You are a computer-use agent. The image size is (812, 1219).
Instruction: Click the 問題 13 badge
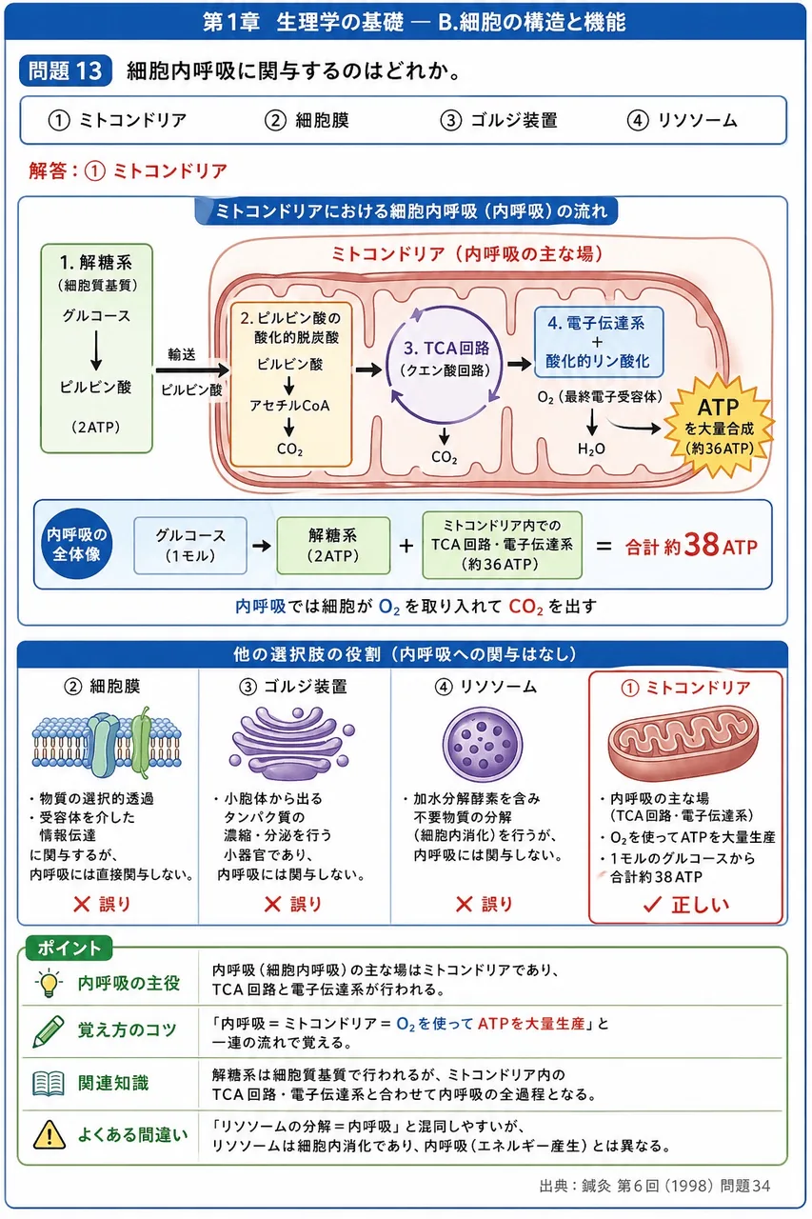coord(66,70)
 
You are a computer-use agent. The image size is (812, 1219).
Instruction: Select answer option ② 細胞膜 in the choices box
coord(307,120)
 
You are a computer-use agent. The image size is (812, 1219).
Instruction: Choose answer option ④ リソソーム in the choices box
coord(682,120)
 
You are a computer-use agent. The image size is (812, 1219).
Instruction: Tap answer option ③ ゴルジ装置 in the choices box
coord(499,120)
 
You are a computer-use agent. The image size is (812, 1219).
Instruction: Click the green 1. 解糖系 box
coord(96,349)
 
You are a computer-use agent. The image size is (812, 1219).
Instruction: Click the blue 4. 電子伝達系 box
coord(598,342)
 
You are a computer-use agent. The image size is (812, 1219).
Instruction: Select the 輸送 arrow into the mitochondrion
coord(192,370)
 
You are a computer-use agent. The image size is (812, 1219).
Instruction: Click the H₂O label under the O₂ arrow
coord(591,449)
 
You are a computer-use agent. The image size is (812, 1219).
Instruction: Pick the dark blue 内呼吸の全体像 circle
coord(77,544)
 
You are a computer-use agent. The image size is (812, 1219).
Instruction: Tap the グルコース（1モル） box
coord(190,546)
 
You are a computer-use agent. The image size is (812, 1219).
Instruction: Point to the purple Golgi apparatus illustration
coord(292,744)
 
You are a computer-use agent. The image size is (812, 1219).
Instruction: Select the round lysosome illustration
coord(483,745)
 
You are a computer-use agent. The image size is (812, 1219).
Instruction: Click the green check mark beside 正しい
coord(652,904)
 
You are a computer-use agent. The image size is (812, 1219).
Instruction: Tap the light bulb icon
coord(49,983)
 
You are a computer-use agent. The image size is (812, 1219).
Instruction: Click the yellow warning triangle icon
coord(49,1134)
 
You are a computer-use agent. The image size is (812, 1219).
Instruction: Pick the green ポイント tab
coord(69,948)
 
